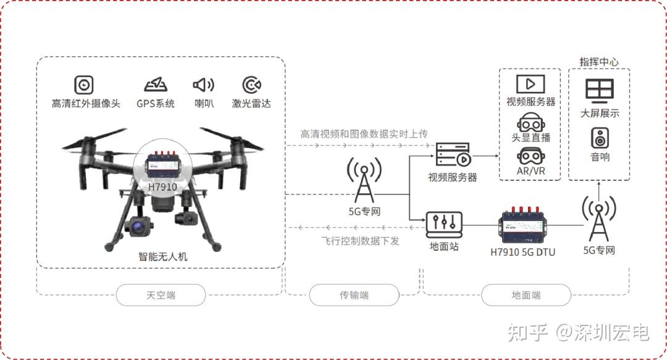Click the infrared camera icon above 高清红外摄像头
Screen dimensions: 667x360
coord(84,84)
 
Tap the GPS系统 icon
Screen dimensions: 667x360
coord(155,84)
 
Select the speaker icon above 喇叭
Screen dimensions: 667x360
coord(204,84)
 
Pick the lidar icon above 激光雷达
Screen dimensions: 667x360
coord(251,84)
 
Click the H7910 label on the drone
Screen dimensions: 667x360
coord(162,186)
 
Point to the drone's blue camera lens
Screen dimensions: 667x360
coord(137,228)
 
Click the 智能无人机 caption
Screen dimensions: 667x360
coord(162,256)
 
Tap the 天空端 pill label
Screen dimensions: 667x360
coord(161,295)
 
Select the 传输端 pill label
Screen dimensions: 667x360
coord(354,295)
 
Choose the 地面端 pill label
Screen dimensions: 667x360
coord(526,295)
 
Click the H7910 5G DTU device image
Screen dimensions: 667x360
coord(522,225)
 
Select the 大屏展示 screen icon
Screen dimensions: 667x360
coord(600,91)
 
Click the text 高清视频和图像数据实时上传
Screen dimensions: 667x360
coord(364,133)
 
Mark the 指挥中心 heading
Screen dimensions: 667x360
coord(599,62)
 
